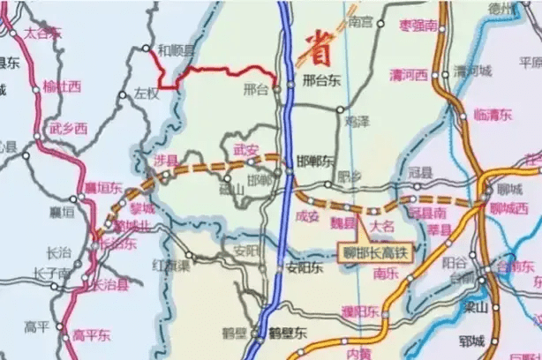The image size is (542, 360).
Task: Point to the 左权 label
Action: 148,92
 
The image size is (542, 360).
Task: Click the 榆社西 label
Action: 62,86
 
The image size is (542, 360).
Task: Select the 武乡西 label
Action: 68,129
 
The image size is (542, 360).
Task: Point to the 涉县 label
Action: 165,160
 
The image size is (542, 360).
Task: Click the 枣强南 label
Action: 418,26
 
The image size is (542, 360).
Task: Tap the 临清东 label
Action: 493,115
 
